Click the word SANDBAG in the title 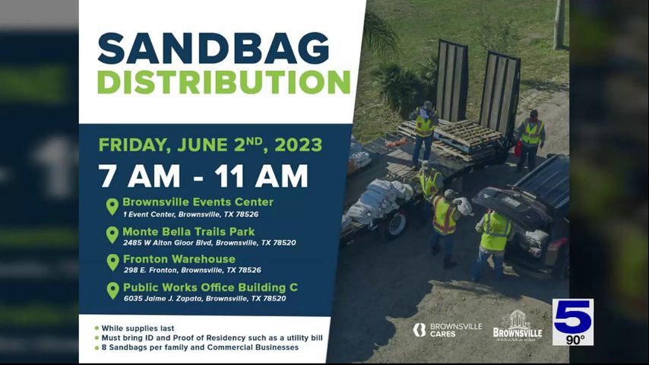pyautogui.click(x=214, y=49)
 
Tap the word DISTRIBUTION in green pyautogui.click(x=224, y=82)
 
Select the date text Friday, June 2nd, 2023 pyautogui.click(x=211, y=145)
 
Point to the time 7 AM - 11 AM pyautogui.click(x=203, y=176)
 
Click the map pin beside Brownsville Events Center pyautogui.click(x=112, y=206)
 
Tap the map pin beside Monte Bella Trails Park pyautogui.click(x=112, y=234)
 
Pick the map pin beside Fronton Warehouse pyautogui.click(x=112, y=262)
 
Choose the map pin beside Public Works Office pyautogui.click(x=112, y=290)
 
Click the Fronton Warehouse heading pyautogui.click(x=179, y=259)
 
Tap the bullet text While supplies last pyautogui.click(x=138, y=328)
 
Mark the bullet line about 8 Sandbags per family pyautogui.click(x=200, y=348)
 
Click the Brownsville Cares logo pyautogui.click(x=448, y=330)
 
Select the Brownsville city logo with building pyautogui.click(x=518, y=325)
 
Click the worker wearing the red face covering pyautogui.click(x=530, y=140)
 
